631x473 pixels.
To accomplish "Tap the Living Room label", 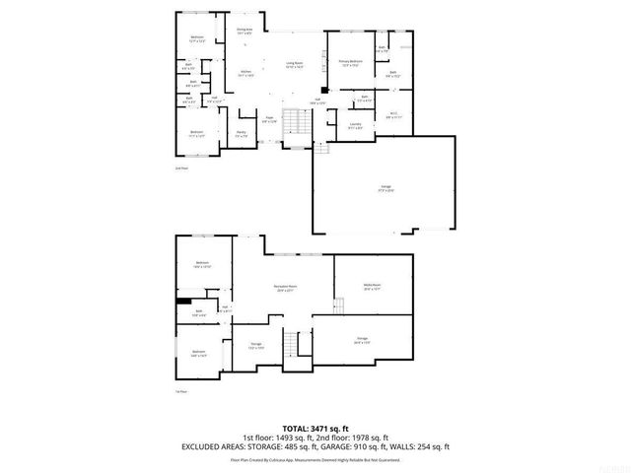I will point(294,65).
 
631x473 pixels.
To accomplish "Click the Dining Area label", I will point(245,32).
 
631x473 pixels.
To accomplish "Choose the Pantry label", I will point(241,133).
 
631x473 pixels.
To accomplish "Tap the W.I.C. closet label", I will point(391,114).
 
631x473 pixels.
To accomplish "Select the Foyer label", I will point(268,120).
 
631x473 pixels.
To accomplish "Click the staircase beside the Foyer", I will point(292,123).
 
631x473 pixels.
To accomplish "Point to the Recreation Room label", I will point(286,288).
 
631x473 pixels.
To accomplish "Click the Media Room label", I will point(373,288).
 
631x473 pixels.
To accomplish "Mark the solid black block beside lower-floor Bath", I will point(183,301).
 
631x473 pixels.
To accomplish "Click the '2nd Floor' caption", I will point(180,169).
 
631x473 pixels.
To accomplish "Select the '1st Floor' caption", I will point(180,391).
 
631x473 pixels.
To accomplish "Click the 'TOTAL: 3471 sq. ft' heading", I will point(315,429).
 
